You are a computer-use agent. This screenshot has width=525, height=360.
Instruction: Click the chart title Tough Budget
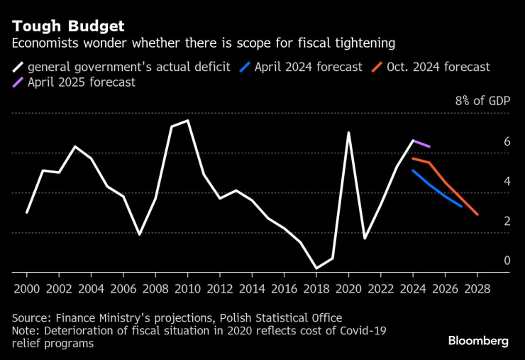click(x=67, y=26)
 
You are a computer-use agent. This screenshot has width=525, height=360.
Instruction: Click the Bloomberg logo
click(x=477, y=341)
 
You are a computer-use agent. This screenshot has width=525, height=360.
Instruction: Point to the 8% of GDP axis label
click(x=482, y=101)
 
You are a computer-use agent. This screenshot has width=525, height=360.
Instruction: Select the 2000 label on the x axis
click(x=27, y=289)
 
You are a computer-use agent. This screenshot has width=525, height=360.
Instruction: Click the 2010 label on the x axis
click(x=187, y=289)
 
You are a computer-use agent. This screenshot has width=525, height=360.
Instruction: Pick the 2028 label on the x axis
click(x=477, y=289)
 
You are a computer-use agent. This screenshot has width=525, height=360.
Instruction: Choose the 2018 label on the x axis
click(x=316, y=289)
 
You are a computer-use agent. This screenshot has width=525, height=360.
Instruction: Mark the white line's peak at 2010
click(x=187, y=121)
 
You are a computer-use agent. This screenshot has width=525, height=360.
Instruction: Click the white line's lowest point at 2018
click(x=316, y=268)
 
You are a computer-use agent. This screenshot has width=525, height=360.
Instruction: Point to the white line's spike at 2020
click(x=348, y=132)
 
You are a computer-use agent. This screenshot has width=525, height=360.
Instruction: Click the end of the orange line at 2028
click(x=477, y=214)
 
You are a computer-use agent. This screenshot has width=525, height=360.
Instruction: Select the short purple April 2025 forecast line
click(x=421, y=143)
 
